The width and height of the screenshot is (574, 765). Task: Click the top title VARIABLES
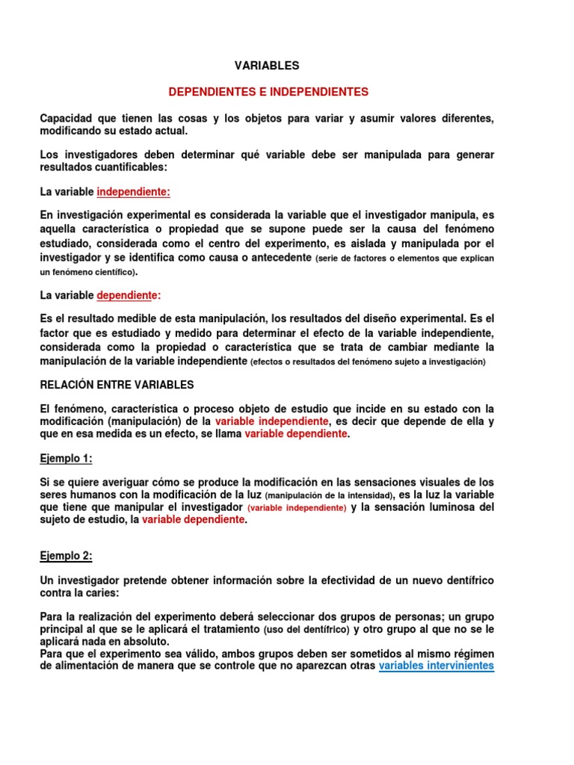267,66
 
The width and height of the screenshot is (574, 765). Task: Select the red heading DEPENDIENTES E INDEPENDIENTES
268,92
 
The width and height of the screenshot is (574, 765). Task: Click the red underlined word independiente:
134,192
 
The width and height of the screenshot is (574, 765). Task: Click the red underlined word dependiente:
129,295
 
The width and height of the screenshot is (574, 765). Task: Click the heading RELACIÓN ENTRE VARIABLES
117,385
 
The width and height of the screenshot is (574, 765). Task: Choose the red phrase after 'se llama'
296,434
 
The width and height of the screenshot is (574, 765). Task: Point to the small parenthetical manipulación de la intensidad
330,495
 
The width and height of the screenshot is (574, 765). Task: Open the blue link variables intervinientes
436,666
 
